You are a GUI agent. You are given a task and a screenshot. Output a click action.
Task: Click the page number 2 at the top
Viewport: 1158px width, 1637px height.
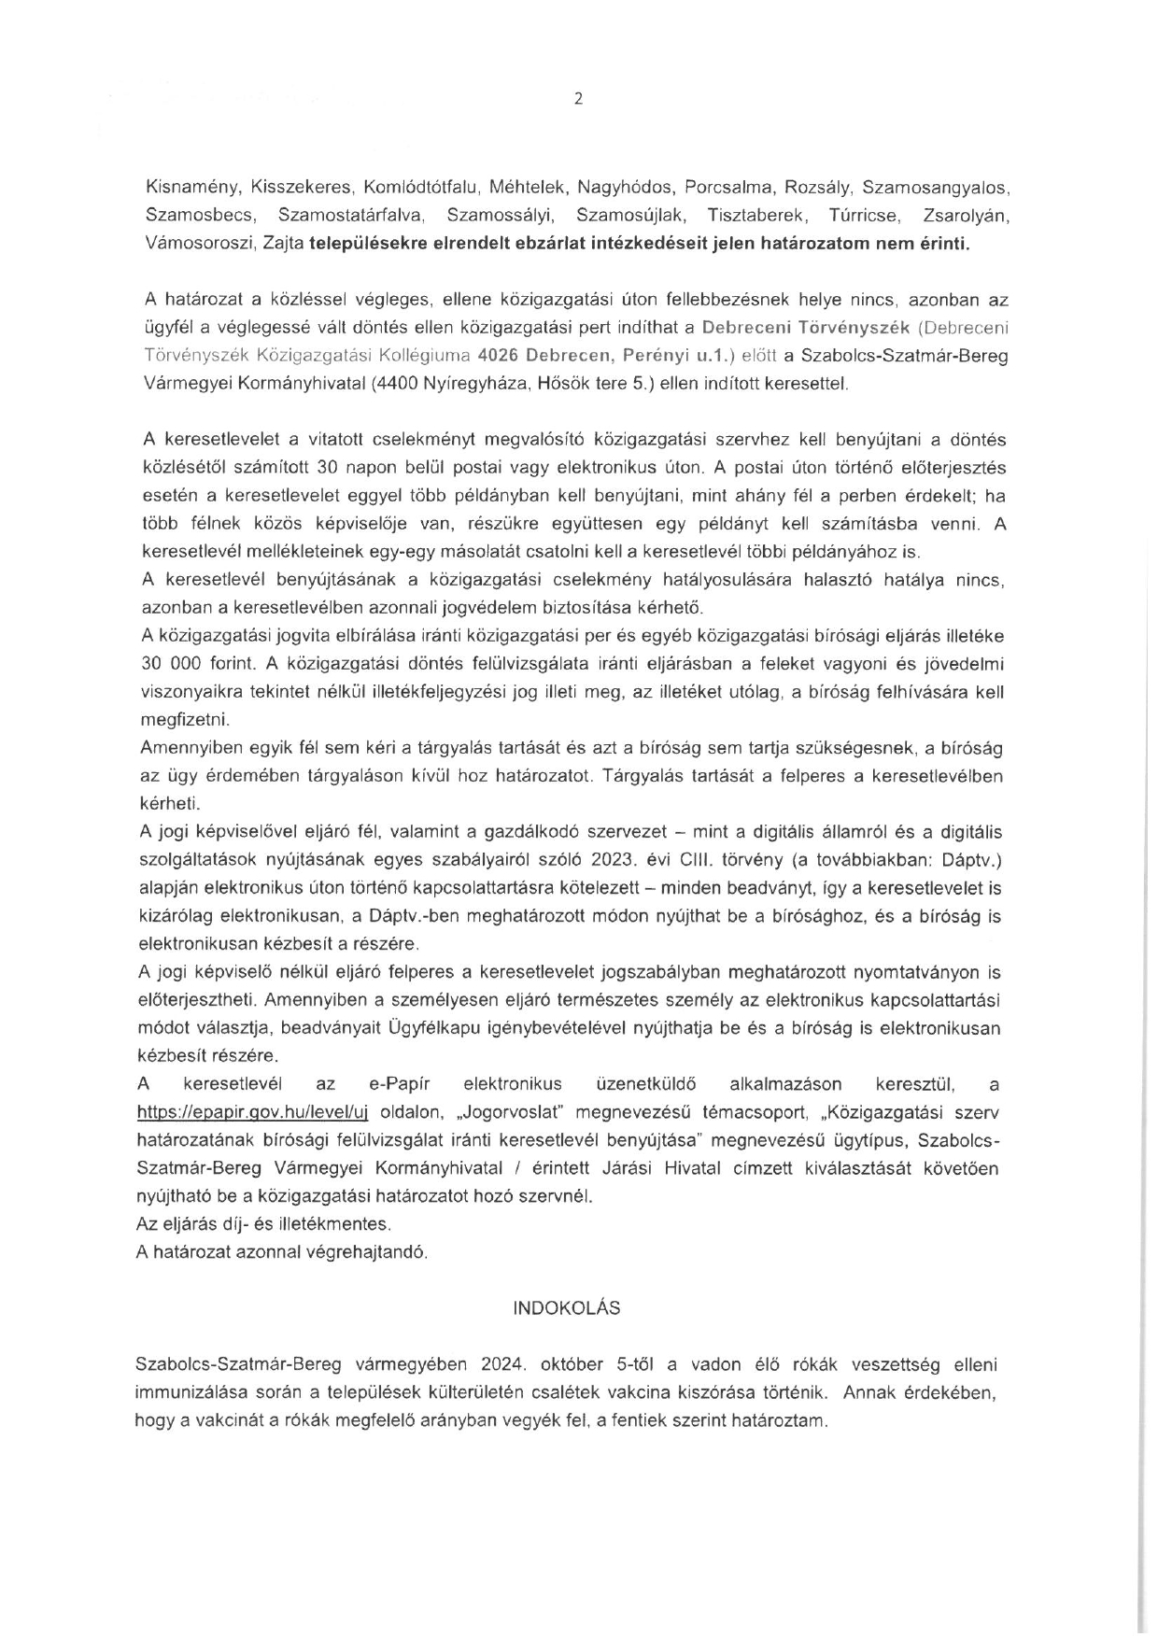[x=578, y=99]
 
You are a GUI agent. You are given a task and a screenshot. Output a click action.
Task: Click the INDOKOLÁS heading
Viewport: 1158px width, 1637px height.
[x=567, y=1308]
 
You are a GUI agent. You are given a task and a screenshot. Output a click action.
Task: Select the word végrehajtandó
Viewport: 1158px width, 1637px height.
[x=372, y=1252]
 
